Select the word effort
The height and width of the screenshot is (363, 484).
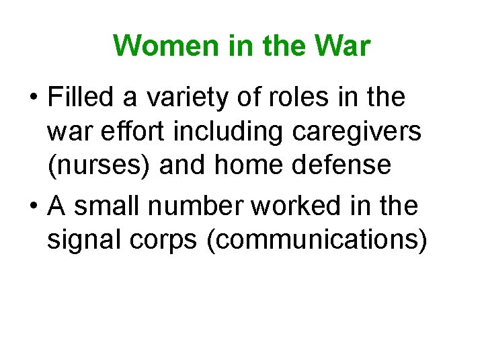(x=140, y=132)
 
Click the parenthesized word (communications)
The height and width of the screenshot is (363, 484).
(x=317, y=241)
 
